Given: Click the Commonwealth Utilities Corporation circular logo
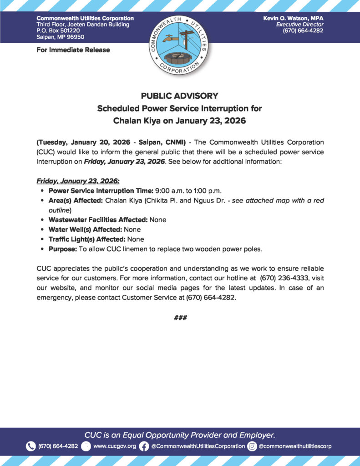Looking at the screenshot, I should (x=180, y=44).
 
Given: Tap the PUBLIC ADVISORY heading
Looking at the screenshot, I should (x=180, y=96).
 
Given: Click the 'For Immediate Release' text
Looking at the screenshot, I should (x=73, y=50).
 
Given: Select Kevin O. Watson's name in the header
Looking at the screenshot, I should (x=293, y=18).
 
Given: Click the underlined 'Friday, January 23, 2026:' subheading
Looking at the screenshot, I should (x=78, y=181).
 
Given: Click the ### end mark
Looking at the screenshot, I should (x=180, y=318).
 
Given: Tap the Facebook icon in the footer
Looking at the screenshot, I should (x=144, y=446).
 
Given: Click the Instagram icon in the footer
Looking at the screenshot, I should (x=252, y=446).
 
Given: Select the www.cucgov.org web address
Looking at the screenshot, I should (x=115, y=446).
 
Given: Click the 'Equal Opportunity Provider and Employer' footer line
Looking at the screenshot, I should (x=180, y=434).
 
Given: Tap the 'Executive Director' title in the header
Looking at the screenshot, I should (x=299, y=24).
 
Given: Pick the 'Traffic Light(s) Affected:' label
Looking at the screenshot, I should (x=87, y=239).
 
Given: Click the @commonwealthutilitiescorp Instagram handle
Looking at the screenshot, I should (x=295, y=446).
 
